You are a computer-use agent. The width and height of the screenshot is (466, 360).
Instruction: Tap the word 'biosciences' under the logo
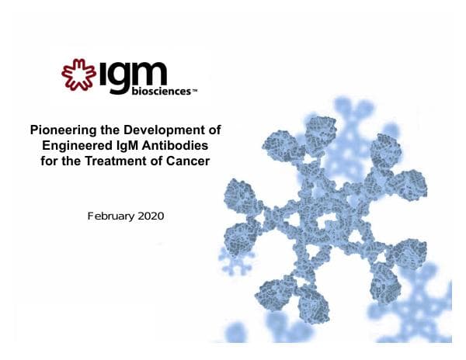tap(152, 90)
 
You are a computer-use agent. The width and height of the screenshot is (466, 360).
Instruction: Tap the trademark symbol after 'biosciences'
tap(194, 91)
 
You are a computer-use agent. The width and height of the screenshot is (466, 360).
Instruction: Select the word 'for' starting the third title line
tap(47, 160)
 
